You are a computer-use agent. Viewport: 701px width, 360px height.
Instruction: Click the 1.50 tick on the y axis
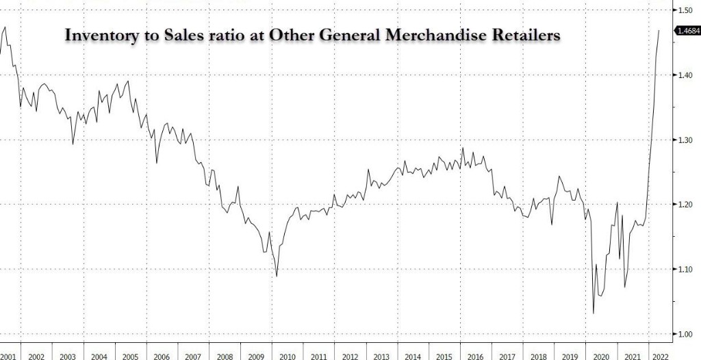686,11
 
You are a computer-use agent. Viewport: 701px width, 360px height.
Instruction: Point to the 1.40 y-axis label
686,75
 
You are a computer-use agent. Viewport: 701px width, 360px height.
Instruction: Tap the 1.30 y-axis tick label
686,140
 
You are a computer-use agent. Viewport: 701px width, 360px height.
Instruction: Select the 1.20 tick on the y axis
686,205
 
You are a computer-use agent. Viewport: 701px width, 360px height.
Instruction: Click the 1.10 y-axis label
686,270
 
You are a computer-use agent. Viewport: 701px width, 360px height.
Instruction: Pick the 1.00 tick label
686,334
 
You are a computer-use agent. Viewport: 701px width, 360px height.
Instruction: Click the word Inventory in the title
97,35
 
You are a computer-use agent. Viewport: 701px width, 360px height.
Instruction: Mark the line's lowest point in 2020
593,313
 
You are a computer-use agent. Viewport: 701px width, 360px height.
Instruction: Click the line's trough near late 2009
277,277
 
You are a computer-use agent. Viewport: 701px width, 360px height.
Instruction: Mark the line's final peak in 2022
659,31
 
